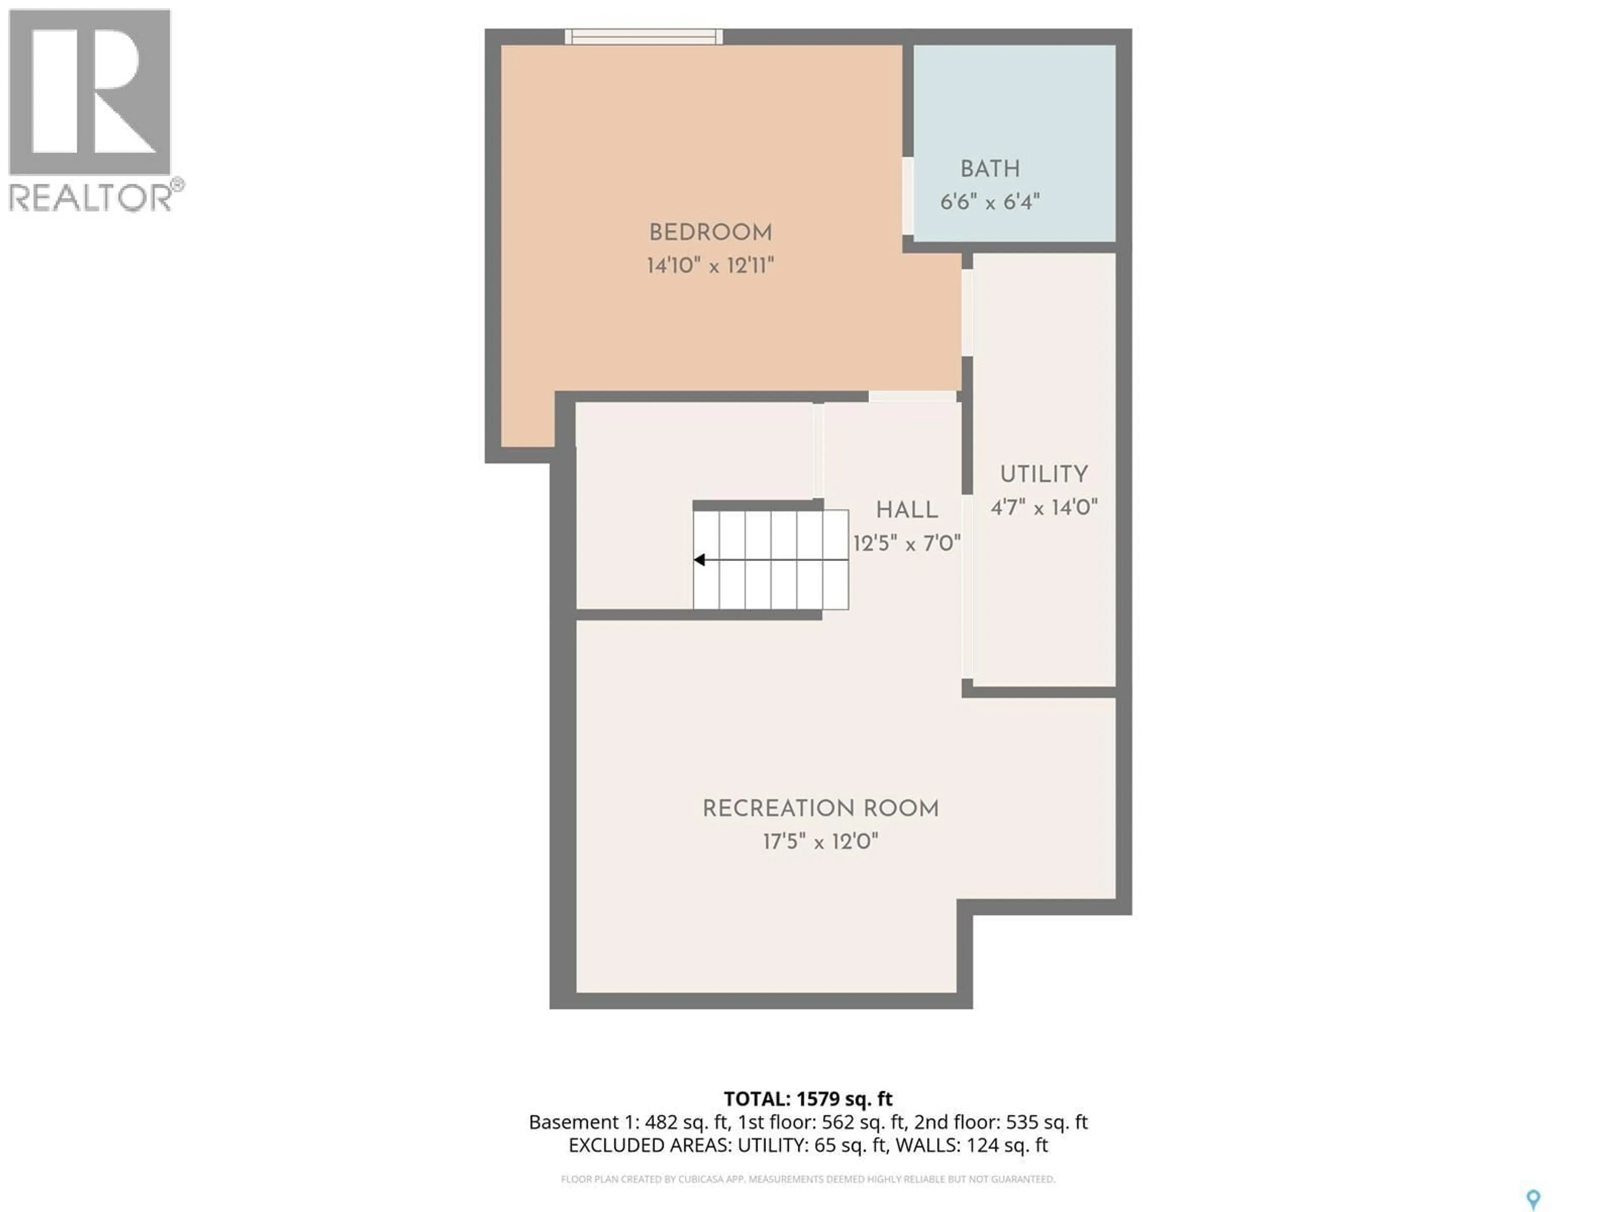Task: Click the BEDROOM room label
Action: click(x=710, y=233)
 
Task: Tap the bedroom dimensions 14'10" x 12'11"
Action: click(x=710, y=265)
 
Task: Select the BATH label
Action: click(x=990, y=169)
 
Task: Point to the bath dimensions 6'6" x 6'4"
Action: click(x=990, y=202)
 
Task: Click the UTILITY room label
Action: click(x=1044, y=474)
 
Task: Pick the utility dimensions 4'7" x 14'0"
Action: click(x=1044, y=507)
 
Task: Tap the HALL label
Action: click(x=906, y=510)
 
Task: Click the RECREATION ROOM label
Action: click(x=821, y=809)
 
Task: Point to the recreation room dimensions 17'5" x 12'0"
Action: click(x=821, y=842)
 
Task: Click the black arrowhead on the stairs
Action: click(x=699, y=560)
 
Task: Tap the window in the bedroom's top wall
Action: click(x=643, y=37)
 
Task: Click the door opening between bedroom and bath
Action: click(x=907, y=196)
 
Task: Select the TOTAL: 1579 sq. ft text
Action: click(x=808, y=1099)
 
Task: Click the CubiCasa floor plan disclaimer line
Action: click(x=808, y=1178)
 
